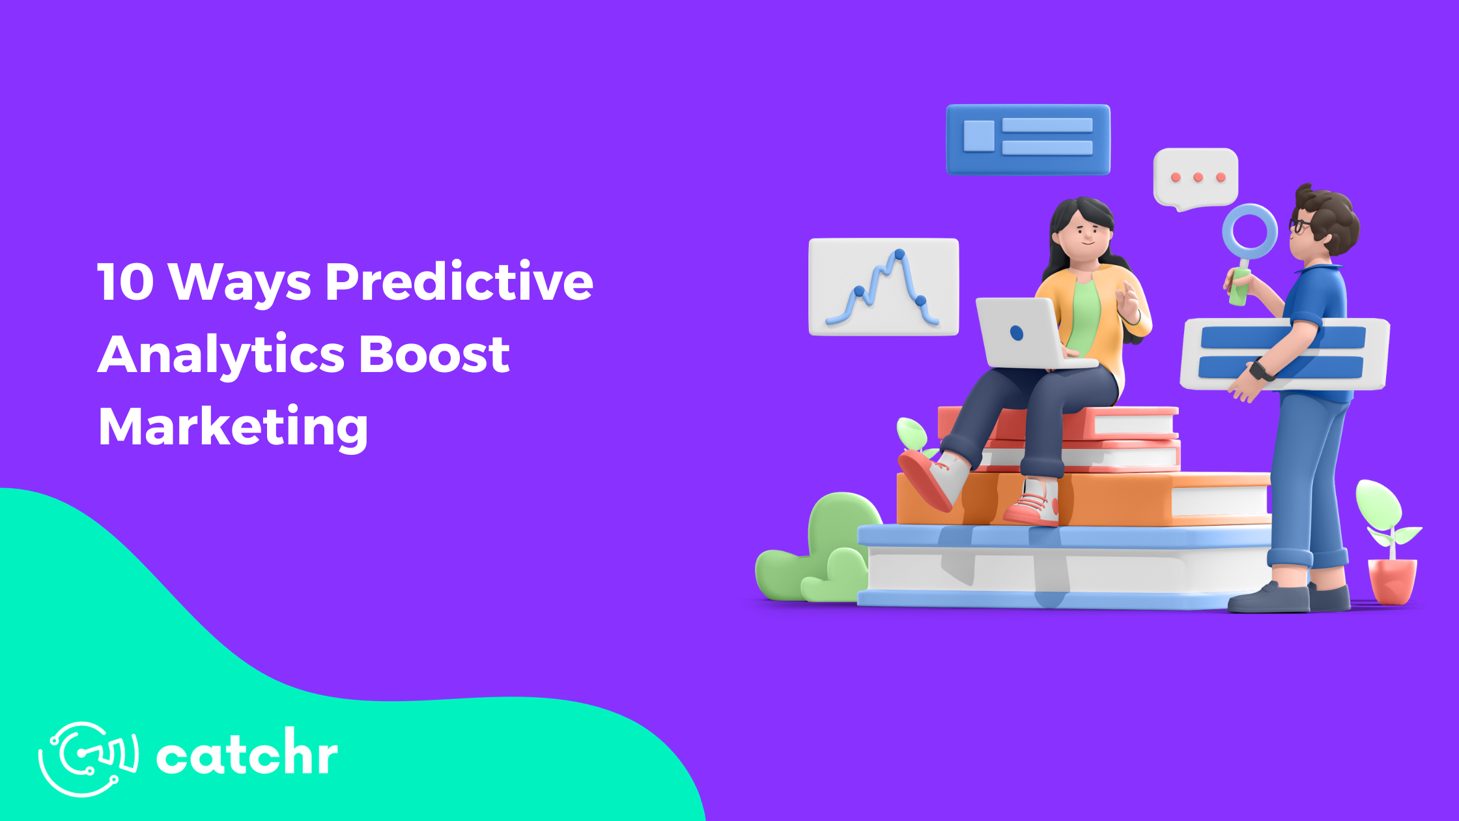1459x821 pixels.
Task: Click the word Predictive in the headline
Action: click(459, 282)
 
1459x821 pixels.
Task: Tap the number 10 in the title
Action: click(125, 282)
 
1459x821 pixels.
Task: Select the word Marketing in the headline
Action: click(233, 427)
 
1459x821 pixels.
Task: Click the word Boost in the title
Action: click(434, 355)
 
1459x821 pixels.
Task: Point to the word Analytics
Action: click(220, 355)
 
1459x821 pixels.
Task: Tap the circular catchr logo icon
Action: click(88, 758)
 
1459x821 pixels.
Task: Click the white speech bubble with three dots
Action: click(1195, 177)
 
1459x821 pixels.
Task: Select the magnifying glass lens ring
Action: click(1249, 232)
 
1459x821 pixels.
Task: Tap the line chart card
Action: click(883, 287)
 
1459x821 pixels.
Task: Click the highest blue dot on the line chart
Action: click(899, 253)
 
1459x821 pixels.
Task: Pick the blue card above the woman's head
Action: click(1028, 139)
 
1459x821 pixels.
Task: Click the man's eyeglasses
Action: click(1299, 225)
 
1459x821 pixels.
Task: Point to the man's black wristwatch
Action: click(1262, 371)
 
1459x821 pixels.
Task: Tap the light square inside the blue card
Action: click(978, 136)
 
